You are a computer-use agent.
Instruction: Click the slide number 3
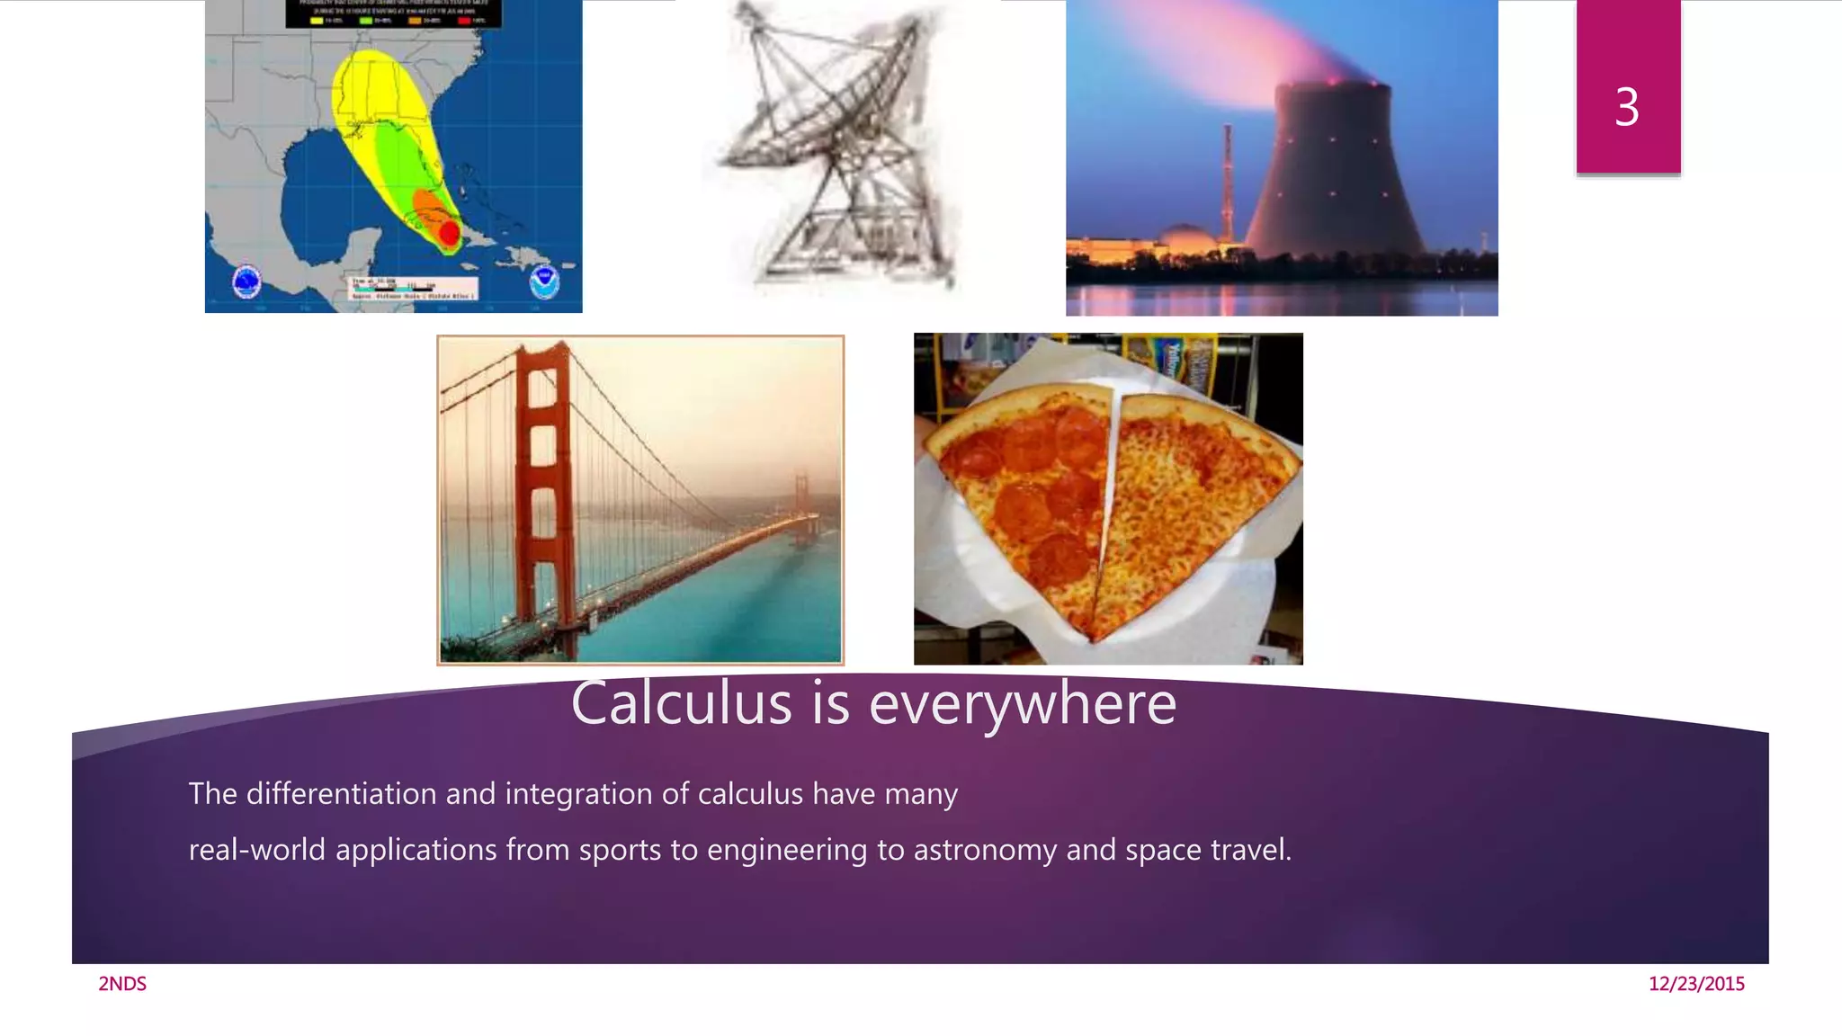point(1626,107)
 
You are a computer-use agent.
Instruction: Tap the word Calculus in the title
point(681,703)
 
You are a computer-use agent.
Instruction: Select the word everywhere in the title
point(1023,703)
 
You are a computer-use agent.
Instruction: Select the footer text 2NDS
point(122,984)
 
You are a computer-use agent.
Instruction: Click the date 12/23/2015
point(1696,984)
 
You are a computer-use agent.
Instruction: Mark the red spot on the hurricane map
point(449,233)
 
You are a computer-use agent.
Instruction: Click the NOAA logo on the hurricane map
point(544,281)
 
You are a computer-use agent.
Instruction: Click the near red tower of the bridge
point(542,477)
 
